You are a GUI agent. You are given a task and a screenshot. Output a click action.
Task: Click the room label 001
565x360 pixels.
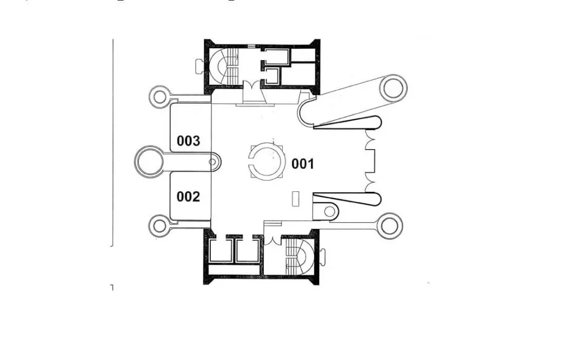[302, 164]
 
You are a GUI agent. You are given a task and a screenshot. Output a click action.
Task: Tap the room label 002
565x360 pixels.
[188, 197]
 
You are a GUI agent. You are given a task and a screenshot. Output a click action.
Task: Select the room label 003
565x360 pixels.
[188, 141]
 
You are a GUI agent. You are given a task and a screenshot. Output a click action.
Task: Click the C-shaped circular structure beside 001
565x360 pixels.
[250, 161]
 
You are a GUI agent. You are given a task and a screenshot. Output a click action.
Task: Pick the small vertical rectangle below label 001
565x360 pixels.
[296, 199]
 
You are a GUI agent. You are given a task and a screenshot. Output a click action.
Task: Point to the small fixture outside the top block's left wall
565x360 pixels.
[200, 66]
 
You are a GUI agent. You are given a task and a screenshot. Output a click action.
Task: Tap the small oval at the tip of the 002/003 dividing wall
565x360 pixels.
[213, 163]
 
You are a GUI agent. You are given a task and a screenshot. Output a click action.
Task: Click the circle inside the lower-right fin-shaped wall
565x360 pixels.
[329, 211]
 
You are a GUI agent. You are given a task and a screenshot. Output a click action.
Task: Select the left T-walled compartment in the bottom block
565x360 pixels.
[220, 250]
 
